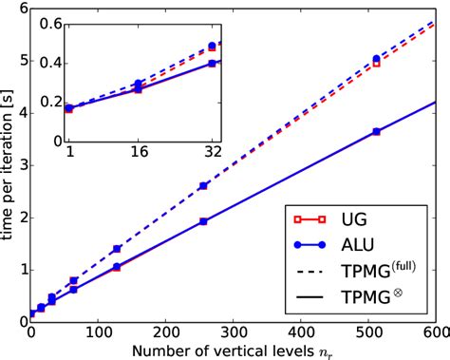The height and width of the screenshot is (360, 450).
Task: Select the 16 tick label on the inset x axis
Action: pyautogui.click(x=139, y=150)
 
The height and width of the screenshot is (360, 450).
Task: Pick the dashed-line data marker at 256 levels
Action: pyautogui.click(x=203, y=186)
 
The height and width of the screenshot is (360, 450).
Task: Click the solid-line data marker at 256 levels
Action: pyautogui.click(x=203, y=220)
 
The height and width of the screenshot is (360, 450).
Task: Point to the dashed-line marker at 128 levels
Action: pyautogui.click(x=117, y=249)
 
